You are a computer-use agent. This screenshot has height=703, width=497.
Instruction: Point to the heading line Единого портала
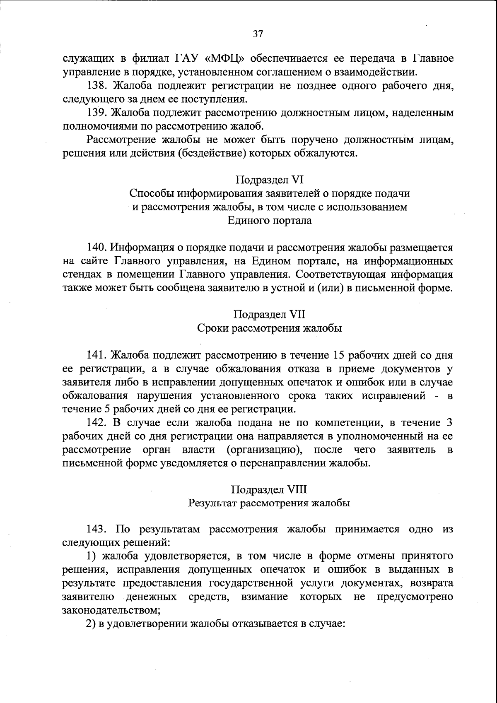(270, 220)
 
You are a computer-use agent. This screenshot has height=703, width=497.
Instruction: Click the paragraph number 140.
(97, 248)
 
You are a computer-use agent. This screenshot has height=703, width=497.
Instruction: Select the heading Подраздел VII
(270, 314)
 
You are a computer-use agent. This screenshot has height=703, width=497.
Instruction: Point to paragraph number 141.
(97, 355)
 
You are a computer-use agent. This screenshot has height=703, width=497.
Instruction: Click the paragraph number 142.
(97, 423)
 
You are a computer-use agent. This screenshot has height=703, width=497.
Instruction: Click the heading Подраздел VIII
(270, 489)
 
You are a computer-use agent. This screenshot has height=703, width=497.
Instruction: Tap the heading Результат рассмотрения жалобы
(270, 503)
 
